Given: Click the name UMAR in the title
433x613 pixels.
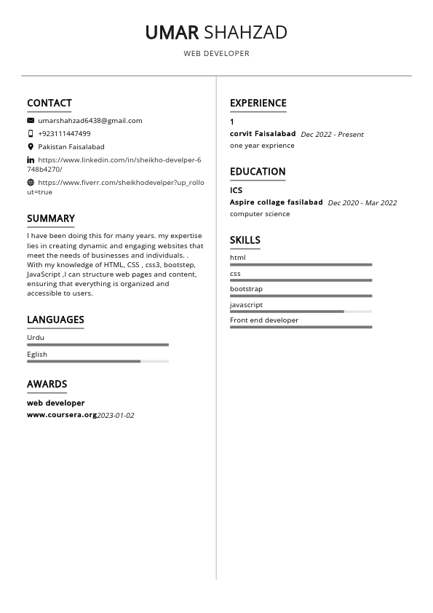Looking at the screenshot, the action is coord(172,32).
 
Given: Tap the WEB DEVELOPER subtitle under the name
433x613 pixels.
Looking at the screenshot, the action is coord(216,54).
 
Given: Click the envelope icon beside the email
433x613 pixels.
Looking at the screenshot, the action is coord(31,120).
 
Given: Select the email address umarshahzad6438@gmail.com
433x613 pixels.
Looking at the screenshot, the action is coord(90,120).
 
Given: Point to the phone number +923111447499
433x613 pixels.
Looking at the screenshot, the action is coord(64,133).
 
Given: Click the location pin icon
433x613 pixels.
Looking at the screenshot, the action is coord(31,146).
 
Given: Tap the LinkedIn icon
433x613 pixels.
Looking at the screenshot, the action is coord(31,159).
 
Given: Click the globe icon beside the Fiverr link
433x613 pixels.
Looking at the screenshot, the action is coord(31,182).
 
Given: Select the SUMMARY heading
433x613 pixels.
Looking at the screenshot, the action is coord(51,218).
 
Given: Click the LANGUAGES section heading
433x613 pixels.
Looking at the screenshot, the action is coord(55,320).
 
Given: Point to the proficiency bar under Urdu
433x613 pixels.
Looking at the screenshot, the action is coord(98,345).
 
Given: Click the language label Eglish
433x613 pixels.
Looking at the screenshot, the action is coord(37,355).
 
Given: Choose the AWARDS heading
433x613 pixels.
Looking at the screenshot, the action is coord(47,384).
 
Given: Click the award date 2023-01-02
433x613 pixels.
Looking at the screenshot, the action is coord(116,416).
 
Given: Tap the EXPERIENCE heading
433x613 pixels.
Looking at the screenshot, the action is coord(258,103).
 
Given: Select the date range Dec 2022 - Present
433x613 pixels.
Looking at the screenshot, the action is coord(332,135).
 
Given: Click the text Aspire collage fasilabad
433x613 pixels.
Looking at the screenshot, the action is coord(276,202).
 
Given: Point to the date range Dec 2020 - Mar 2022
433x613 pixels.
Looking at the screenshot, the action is coord(362,203).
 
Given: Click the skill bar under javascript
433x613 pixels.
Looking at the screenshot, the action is coord(301,312).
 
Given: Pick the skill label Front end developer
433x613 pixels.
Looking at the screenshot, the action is coord(264,320).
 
